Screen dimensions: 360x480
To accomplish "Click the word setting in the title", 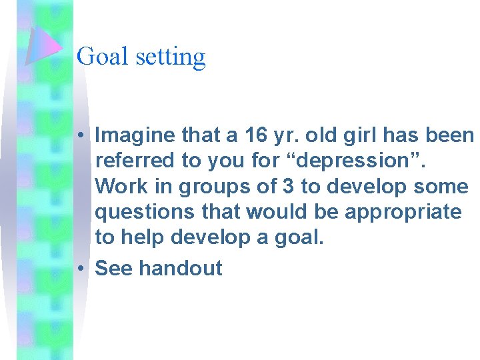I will (x=171, y=57).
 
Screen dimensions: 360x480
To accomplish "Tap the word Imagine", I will (x=135, y=137).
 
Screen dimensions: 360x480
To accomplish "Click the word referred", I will (x=129, y=161).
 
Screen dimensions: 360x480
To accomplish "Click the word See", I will (x=115, y=268).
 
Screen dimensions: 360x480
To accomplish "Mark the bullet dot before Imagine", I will (x=79, y=137).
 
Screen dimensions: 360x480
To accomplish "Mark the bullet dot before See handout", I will (x=79, y=268).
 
